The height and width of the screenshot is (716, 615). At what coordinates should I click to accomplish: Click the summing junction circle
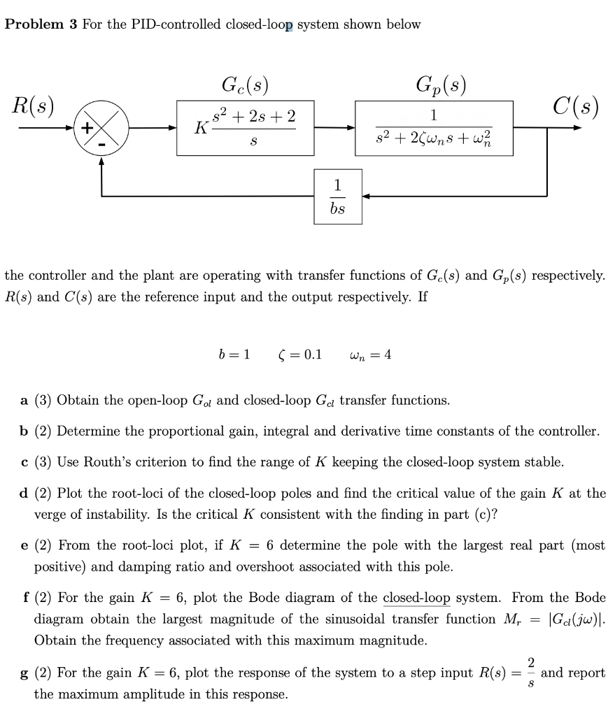click(x=102, y=129)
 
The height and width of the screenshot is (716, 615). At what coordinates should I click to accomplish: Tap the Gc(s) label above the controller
click(x=245, y=87)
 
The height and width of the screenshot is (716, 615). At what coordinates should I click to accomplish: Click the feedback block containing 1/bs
click(x=337, y=197)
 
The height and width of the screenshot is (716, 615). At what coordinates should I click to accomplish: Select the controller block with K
click(x=245, y=128)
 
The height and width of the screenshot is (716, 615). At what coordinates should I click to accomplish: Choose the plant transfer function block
click(x=434, y=128)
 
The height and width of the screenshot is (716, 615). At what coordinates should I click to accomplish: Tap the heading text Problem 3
click(x=41, y=24)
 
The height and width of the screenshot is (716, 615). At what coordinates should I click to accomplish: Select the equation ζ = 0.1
click(x=299, y=354)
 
